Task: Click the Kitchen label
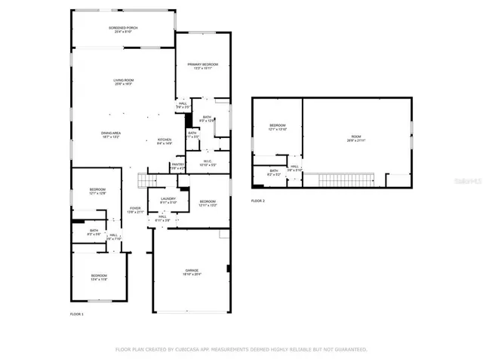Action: [165, 141]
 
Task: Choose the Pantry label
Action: [178, 166]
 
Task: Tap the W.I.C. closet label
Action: [208, 162]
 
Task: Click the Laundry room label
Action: [168, 200]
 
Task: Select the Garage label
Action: [192, 271]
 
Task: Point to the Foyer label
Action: [135, 210]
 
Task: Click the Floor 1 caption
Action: [77, 314]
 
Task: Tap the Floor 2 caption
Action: [258, 201]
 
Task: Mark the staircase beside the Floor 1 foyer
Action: [148, 180]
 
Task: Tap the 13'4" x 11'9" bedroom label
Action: [100, 277]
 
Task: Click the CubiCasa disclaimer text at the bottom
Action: [241, 350]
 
